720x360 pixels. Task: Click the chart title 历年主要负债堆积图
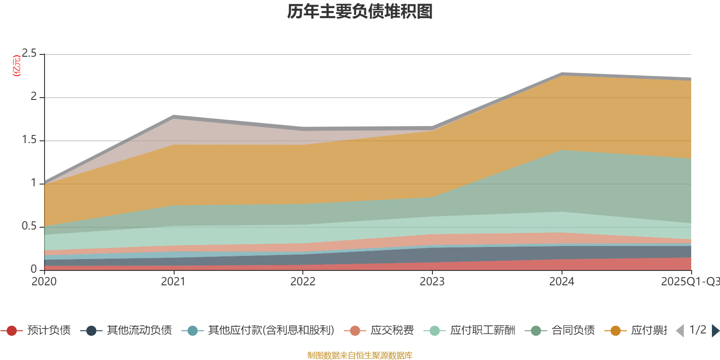click(x=360, y=12)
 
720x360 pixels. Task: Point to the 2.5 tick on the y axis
click(x=29, y=54)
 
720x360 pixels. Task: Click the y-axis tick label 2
click(x=34, y=97)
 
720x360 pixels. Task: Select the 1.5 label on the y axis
click(x=29, y=140)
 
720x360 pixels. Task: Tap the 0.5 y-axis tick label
click(x=29, y=226)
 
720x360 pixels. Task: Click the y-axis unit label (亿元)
click(x=17, y=66)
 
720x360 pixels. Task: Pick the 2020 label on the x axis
click(x=44, y=282)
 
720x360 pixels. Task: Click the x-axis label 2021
click(x=173, y=282)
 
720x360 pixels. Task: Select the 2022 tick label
click(x=302, y=282)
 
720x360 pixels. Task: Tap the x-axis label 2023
click(x=432, y=282)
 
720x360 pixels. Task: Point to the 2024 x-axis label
click(x=561, y=282)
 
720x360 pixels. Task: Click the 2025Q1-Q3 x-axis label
click(x=689, y=282)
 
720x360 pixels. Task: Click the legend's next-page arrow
click(x=715, y=331)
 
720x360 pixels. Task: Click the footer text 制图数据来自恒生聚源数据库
click(x=360, y=355)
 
